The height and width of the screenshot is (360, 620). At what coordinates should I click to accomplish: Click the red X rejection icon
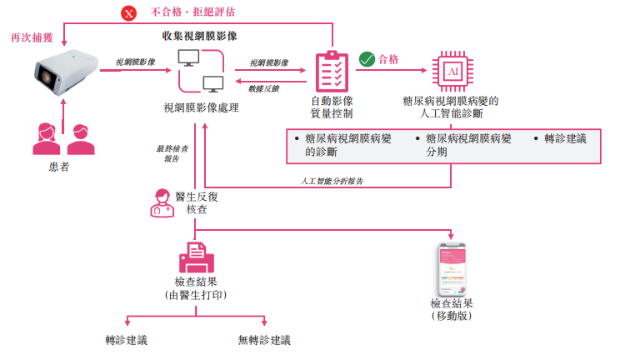coord(128,13)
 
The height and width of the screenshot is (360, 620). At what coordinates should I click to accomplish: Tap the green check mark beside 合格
coord(367,60)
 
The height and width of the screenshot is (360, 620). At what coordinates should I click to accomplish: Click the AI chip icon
coord(453,72)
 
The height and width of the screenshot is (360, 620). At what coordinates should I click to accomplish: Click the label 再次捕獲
coord(30,38)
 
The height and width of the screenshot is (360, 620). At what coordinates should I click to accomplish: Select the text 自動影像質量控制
coord(332,107)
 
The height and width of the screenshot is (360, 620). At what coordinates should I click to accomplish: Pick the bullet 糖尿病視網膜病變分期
coord(467,145)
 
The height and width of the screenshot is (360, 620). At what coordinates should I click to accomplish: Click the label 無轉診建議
coord(264,340)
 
